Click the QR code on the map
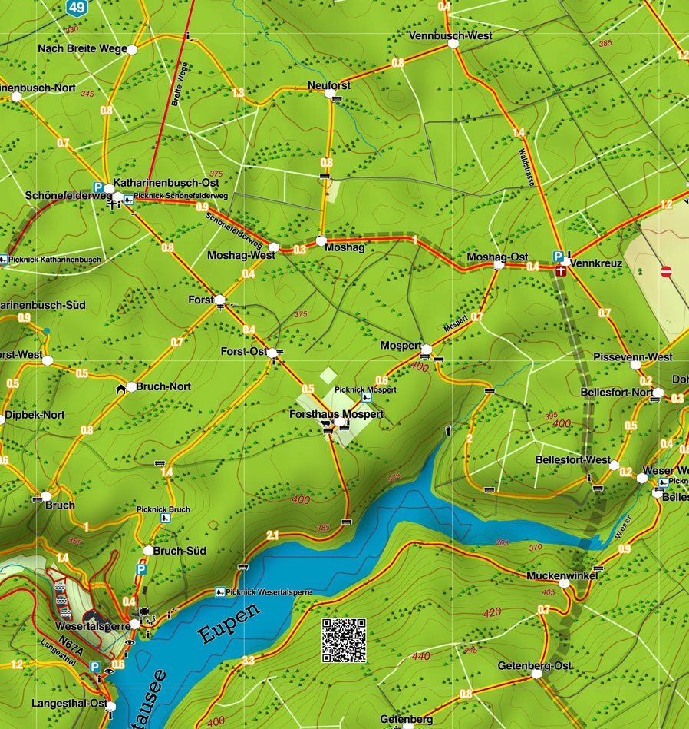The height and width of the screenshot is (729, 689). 343,640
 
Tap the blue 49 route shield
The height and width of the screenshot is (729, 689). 76,8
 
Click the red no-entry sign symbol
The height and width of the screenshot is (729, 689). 666,271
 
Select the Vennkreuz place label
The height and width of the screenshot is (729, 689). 596,263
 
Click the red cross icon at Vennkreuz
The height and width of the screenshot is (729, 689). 562,270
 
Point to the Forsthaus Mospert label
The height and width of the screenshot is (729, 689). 336,414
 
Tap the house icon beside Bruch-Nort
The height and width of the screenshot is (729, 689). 120,389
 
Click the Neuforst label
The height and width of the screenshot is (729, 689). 328,85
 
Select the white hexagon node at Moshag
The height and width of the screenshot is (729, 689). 321,239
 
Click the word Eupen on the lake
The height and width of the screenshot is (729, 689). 229,624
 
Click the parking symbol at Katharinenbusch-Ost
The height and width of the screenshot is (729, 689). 99,187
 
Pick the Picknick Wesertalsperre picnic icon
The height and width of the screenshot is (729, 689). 220,592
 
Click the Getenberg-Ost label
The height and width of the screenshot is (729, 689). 535,664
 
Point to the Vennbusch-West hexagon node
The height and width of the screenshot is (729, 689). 453,45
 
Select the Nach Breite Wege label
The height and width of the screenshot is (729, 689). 82,49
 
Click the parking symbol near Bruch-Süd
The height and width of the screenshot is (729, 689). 141,569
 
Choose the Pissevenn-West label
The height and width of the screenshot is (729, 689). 633,356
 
